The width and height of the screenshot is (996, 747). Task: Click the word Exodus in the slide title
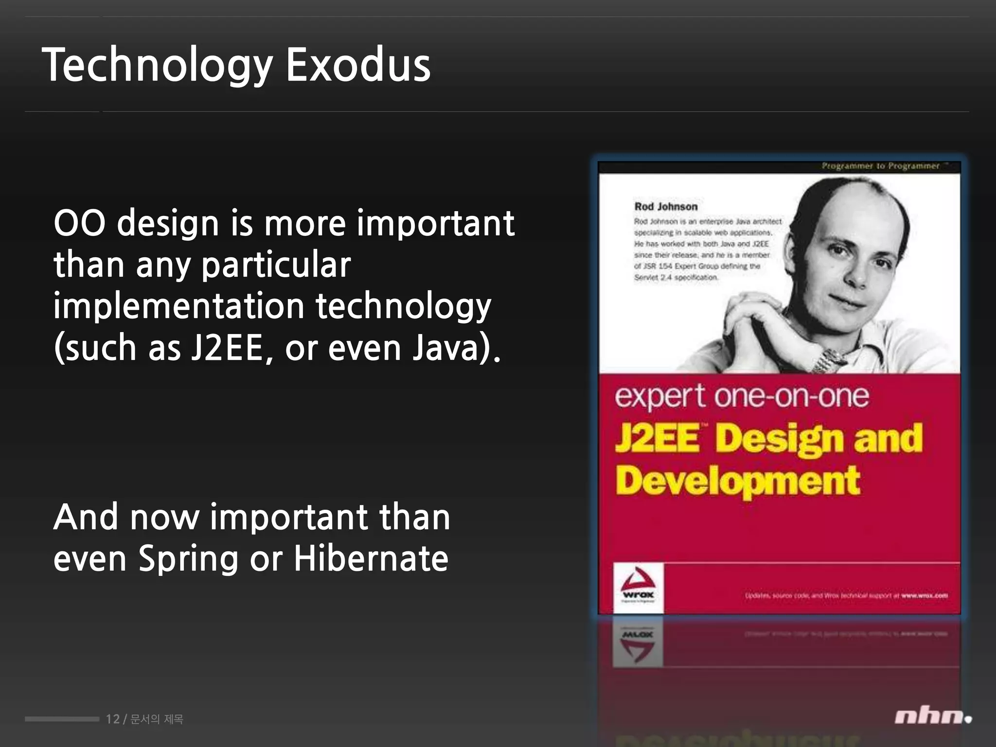358,65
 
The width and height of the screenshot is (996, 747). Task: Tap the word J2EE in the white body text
227,348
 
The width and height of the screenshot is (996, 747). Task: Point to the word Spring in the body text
188,559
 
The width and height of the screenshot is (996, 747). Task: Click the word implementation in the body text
179,306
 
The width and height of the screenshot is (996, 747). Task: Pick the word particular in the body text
276,266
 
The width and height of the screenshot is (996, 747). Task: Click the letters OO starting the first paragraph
79,223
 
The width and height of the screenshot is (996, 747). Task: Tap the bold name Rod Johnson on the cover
666,207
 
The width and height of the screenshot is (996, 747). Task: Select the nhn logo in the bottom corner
932,717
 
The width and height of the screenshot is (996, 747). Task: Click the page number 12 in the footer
113,719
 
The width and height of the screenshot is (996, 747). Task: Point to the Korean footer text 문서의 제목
157,719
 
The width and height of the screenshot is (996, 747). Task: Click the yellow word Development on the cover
737,481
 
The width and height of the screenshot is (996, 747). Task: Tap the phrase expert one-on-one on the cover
742,396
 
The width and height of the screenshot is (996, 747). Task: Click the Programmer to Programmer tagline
881,166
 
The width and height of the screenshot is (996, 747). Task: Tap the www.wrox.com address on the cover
924,595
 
